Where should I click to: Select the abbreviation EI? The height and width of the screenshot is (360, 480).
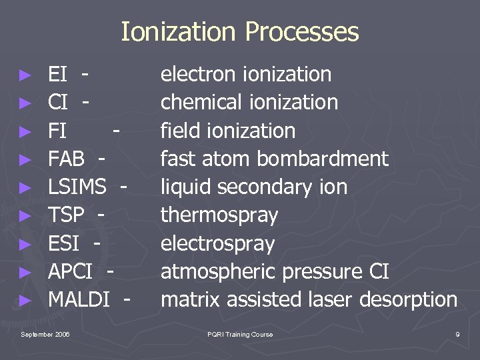tap(57, 74)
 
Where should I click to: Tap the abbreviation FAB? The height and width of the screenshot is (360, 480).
tap(67, 159)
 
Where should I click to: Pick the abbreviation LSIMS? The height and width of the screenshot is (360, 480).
tap(77, 187)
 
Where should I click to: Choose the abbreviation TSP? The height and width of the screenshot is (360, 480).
tap(67, 215)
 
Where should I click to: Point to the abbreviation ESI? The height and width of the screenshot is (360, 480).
tap(64, 243)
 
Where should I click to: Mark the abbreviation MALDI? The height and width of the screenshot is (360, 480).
tap(79, 299)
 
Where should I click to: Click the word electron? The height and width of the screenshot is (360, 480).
tap(194, 74)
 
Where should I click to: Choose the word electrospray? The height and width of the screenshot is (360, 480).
tap(217, 244)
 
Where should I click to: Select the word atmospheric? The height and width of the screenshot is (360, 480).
tap(219, 272)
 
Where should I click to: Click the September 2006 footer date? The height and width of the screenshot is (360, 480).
tap(45, 334)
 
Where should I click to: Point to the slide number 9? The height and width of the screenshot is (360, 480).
tap(457, 334)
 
